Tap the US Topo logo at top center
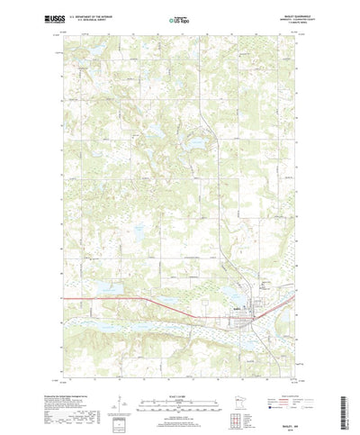coord(179,18)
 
